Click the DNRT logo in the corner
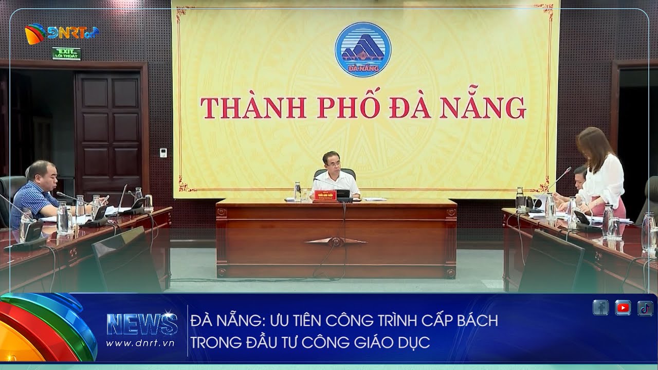tap(61, 33)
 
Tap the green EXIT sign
tap(66, 53)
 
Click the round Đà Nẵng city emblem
tap(363, 49)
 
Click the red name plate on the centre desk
tap(322, 195)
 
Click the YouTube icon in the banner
tap(623, 308)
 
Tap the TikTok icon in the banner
tap(645, 308)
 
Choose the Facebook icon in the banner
tap(600, 308)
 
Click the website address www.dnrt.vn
tap(140, 342)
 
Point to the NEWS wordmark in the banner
tap(142, 324)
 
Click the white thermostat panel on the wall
tap(163, 152)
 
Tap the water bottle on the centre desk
tap(297, 191)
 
